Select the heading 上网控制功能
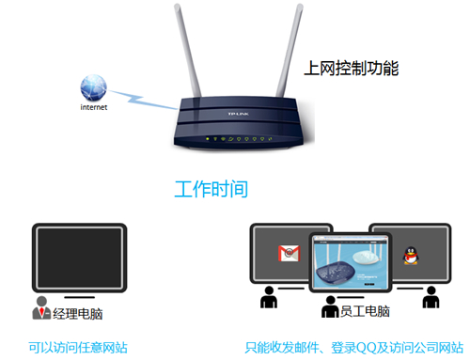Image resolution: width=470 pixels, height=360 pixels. (352, 69)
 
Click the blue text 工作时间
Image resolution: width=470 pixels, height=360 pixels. (211, 188)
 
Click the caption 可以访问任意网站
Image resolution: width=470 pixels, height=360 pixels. (78, 348)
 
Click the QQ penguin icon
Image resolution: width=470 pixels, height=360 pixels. (410, 254)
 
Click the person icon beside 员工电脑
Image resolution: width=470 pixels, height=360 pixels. (329, 310)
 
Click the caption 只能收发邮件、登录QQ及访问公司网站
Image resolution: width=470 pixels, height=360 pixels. (353, 348)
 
